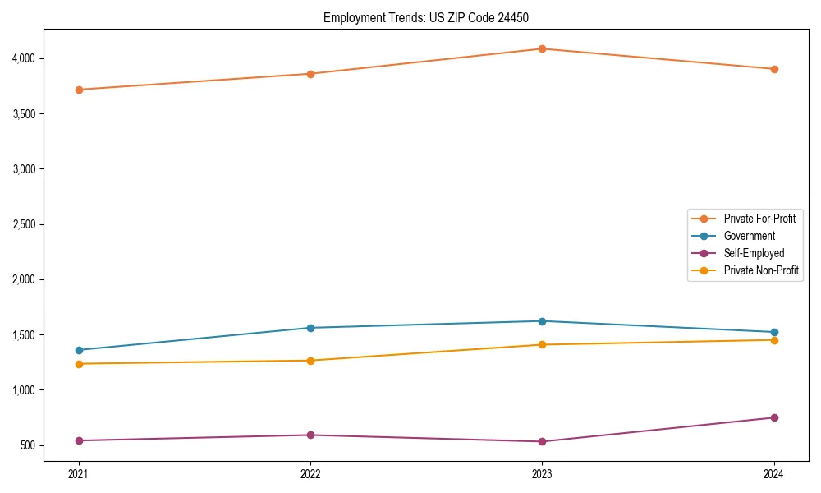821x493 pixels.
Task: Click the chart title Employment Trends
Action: point(432,17)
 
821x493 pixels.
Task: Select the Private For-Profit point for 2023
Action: point(542,48)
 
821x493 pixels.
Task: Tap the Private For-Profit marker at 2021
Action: point(79,90)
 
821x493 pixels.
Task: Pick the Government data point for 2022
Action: point(310,328)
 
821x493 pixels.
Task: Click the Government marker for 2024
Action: point(773,332)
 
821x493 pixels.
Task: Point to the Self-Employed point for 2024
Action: point(773,417)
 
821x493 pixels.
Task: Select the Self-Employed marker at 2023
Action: point(542,441)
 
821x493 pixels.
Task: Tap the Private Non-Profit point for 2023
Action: point(542,344)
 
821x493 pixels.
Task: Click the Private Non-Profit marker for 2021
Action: point(79,364)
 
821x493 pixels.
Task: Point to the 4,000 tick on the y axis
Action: point(24,58)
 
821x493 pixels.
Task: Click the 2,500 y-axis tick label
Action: point(24,224)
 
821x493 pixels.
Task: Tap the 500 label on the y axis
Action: point(28,445)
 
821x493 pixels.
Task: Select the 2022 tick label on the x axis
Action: point(310,474)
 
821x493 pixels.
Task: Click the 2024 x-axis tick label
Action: point(773,474)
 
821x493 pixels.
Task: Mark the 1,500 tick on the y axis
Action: point(24,335)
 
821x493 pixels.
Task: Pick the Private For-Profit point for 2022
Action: point(310,74)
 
